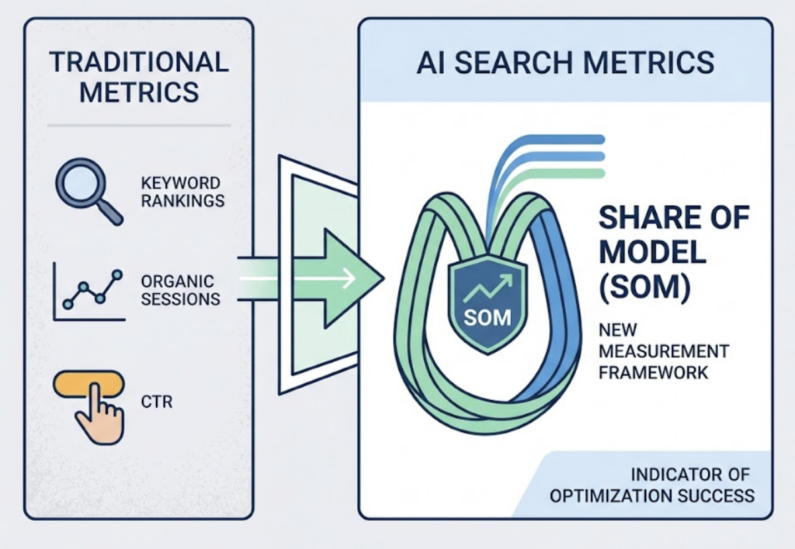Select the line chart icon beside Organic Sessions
tap(87, 292)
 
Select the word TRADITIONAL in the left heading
tap(139, 61)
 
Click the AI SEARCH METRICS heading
tap(565, 62)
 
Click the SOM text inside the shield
tap(481, 319)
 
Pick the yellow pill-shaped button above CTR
tap(89, 385)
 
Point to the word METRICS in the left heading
tap(139, 92)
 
